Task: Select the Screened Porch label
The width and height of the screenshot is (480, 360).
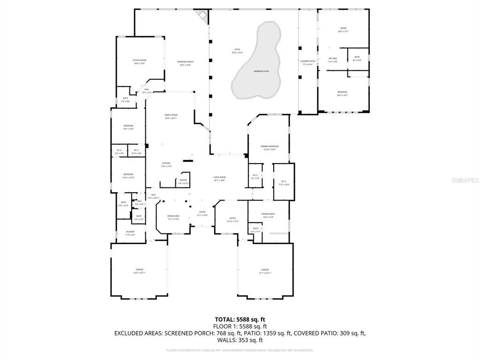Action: [186, 63]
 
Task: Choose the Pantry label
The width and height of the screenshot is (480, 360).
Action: [183, 181]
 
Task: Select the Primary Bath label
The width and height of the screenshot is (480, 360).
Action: [268, 215]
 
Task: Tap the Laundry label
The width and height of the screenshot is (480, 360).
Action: [130, 233]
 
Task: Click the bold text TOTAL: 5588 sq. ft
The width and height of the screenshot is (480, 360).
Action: [240, 319]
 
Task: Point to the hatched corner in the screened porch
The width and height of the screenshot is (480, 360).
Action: [202, 15]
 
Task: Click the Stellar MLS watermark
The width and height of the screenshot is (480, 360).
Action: [465, 180]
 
